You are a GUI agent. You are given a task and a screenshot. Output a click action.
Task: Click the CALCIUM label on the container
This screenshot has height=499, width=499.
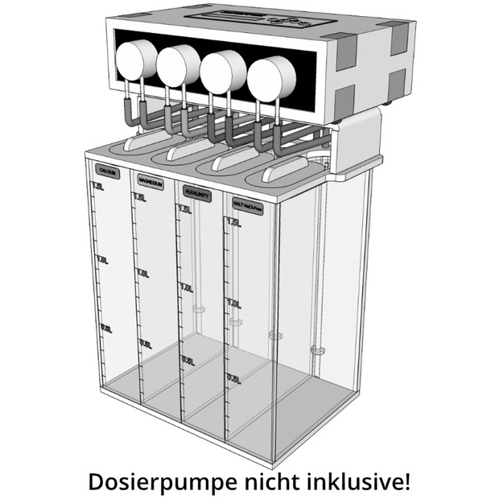coord(107,171)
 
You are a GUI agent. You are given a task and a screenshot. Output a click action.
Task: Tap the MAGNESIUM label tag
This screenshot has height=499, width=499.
coord(151,184)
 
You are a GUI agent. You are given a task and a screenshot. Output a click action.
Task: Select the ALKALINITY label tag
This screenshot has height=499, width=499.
coord(197,195)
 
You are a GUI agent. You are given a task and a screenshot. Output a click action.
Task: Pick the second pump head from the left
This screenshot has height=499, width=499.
coord(179,64)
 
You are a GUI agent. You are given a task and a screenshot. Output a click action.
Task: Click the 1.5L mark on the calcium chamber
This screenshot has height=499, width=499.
coord(98,188)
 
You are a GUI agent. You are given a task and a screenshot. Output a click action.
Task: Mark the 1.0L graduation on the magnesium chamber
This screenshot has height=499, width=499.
coord(142,274)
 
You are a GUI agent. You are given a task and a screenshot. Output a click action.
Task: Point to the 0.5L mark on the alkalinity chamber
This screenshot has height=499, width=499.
coord(188,361)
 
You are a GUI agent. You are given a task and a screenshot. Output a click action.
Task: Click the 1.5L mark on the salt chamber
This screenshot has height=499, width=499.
coord(233,222)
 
